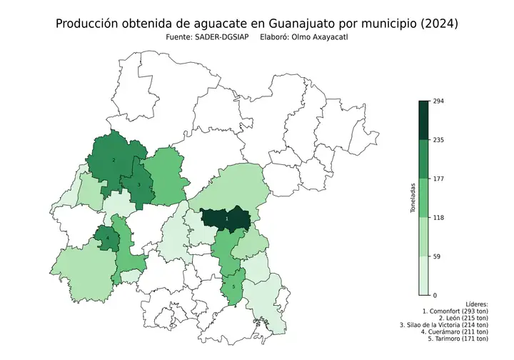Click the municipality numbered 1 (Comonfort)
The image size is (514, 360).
point(226,219)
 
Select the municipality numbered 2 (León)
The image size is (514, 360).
point(114,160)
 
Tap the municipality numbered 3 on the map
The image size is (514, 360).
point(139,185)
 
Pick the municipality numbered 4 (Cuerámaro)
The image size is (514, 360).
point(108,239)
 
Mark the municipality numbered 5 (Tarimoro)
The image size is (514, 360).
point(233,287)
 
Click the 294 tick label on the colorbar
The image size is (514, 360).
point(439,101)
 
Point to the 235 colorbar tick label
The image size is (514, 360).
point(439,140)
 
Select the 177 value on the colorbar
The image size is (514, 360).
point(439,179)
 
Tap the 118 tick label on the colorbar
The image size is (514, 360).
point(439,217)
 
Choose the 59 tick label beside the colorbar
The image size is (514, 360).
point(438,256)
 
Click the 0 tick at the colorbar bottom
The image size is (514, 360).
point(435,294)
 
